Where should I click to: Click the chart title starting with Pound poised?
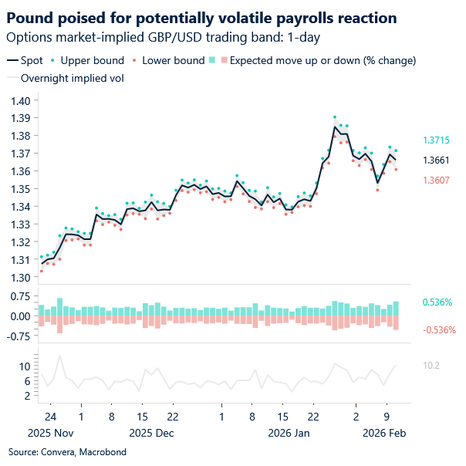(203, 17)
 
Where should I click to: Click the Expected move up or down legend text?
(322, 60)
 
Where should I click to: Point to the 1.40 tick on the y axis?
(20, 100)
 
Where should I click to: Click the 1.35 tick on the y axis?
(20, 189)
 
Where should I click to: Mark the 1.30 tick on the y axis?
(20, 278)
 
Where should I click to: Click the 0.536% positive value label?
(437, 302)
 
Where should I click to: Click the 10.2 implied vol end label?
(431, 365)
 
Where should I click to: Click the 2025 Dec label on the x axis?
(151, 433)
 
